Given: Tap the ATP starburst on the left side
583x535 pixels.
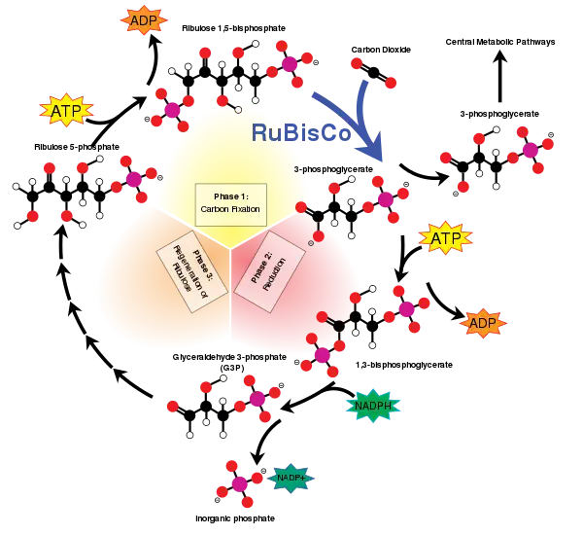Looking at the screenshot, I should click(x=66, y=111).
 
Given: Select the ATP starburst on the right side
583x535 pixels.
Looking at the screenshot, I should click(x=446, y=237).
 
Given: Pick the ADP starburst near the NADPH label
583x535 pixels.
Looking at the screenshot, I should click(x=483, y=323).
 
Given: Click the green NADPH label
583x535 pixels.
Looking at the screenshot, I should click(x=372, y=406).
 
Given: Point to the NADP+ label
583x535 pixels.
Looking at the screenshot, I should click(x=291, y=478).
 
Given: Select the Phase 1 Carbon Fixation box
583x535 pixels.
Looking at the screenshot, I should click(x=230, y=203).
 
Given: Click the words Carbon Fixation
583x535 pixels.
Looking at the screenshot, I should click(x=230, y=209).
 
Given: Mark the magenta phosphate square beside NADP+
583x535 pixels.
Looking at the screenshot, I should click(x=240, y=483).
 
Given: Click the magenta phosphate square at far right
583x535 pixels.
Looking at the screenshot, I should click(x=530, y=150).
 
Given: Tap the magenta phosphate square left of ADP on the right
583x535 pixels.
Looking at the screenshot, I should click(x=407, y=308).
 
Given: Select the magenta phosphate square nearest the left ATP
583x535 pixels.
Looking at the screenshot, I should click(x=173, y=110).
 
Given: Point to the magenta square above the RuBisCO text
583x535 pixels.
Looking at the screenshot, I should click(x=290, y=64).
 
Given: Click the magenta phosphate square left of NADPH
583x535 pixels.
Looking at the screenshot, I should click(x=257, y=398).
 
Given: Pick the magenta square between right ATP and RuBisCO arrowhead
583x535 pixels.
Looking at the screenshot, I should click(x=386, y=199).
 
